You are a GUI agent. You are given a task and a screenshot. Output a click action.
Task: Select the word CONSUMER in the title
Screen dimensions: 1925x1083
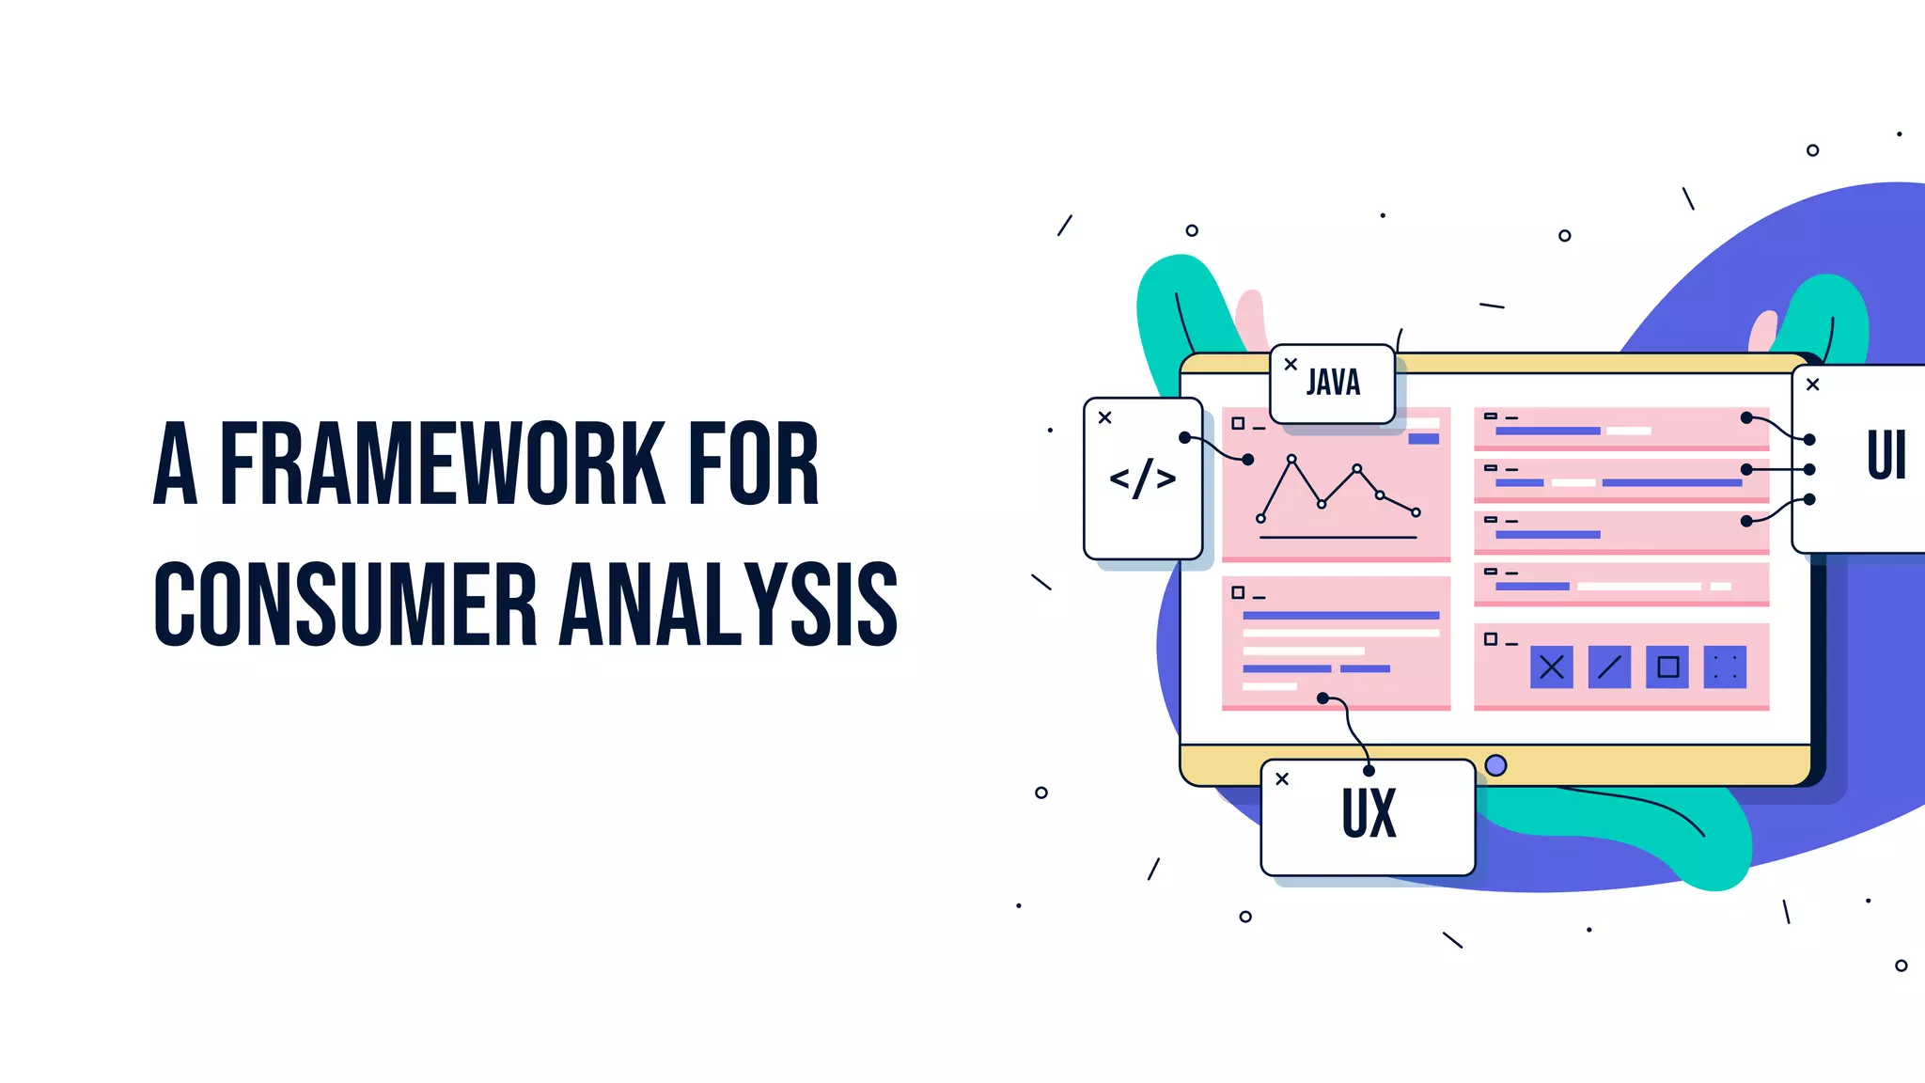coord(345,604)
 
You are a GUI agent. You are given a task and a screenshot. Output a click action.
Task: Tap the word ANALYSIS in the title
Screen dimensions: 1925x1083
coord(729,604)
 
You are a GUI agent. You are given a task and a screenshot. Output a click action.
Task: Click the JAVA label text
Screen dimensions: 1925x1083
coord(1333,383)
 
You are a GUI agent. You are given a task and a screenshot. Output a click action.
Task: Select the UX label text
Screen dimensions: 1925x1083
coord(1369,813)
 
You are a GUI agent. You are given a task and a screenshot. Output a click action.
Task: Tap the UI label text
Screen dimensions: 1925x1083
coord(1886,456)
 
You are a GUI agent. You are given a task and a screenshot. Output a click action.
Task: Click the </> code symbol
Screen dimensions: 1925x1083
coord(1142,479)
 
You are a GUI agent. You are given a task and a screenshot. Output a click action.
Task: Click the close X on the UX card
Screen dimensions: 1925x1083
coord(1282,779)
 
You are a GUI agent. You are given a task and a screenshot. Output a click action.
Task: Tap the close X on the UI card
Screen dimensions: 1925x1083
coord(1813,385)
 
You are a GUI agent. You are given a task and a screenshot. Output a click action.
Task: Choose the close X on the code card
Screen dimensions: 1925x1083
coord(1105,417)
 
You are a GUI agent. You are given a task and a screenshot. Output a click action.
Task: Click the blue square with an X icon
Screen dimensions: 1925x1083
coord(1552,667)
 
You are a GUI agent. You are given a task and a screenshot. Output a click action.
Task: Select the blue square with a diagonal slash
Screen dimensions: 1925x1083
coord(1609,667)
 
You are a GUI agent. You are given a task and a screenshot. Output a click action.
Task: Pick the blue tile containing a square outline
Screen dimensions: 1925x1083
coord(1667,667)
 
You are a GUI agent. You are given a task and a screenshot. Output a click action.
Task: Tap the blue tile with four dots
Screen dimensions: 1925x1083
coord(1725,667)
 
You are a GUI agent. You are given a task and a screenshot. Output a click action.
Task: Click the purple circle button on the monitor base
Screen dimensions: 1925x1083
coord(1496,765)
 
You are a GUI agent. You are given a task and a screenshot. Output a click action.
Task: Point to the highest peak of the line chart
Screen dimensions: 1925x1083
coord(1291,460)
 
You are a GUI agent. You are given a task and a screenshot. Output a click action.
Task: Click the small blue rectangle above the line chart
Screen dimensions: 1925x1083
coord(1423,439)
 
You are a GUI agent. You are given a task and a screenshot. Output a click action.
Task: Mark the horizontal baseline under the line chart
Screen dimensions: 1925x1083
coord(1338,538)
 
